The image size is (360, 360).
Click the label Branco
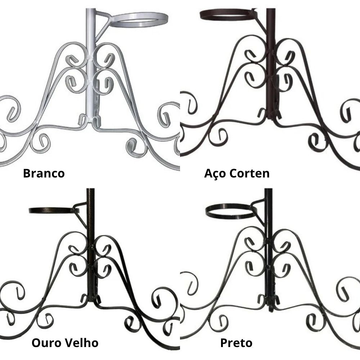click(x=44, y=173)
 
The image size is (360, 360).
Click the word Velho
click(x=80, y=342)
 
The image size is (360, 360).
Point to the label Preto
click(x=236, y=342)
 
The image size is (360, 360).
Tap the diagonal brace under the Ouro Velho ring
click(x=81, y=218)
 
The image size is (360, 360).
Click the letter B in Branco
click(x=27, y=173)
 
